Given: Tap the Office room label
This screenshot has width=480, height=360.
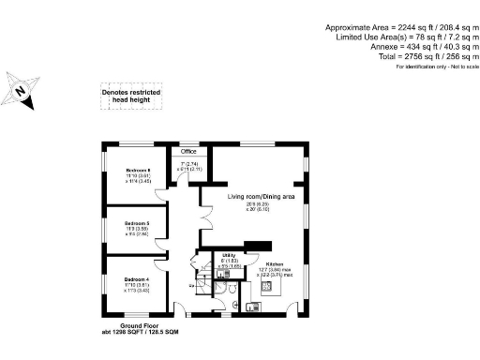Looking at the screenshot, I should pos(187,151).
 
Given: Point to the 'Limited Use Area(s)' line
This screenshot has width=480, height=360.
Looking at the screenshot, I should pos(403,37).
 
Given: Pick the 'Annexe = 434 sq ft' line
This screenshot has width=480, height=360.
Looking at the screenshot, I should pos(419,48).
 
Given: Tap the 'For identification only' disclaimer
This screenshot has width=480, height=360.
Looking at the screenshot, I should pos(437,67).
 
